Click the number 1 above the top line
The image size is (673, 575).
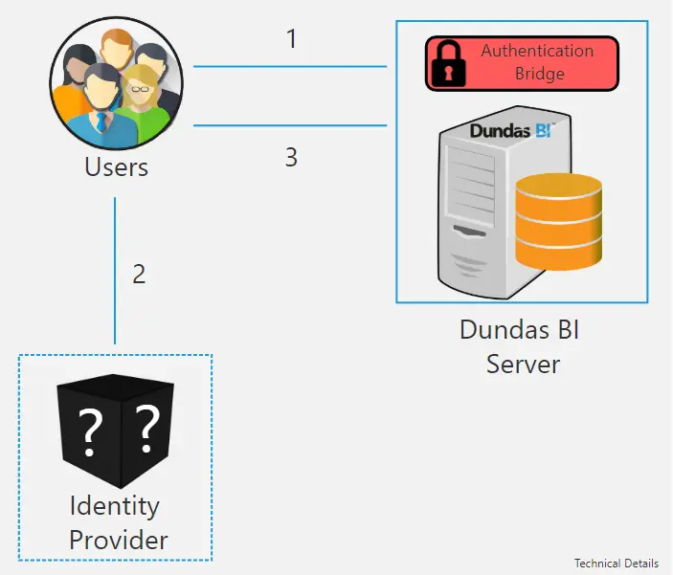click(x=292, y=38)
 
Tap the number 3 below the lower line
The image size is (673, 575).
click(x=291, y=157)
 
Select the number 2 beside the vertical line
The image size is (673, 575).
click(x=139, y=274)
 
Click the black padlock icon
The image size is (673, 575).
click(x=448, y=63)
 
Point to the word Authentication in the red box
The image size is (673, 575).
click(x=537, y=51)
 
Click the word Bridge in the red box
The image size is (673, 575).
click(x=540, y=74)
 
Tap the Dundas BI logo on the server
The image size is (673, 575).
click(x=511, y=130)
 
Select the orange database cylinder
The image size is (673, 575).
click(x=558, y=222)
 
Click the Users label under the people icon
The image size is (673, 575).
click(x=117, y=166)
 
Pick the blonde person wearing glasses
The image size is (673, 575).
click(x=142, y=103)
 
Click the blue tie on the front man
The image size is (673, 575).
click(x=101, y=122)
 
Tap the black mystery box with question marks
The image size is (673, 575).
click(x=116, y=431)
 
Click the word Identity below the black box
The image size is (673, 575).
click(x=115, y=506)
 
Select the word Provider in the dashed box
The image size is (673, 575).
click(x=119, y=540)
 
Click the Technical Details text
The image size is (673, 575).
click(x=617, y=563)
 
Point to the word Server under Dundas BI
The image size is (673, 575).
click(x=524, y=365)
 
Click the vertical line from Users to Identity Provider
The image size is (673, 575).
click(x=115, y=271)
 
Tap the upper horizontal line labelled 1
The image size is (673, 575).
click(x=290, y=67)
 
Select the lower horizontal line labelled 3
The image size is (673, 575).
click(x=290, y=125)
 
